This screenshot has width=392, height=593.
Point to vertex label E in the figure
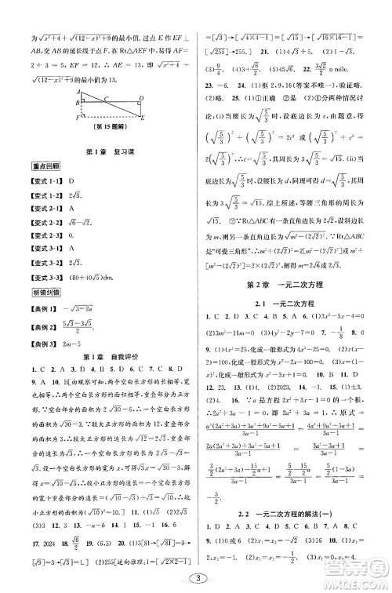click(143, 118)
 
